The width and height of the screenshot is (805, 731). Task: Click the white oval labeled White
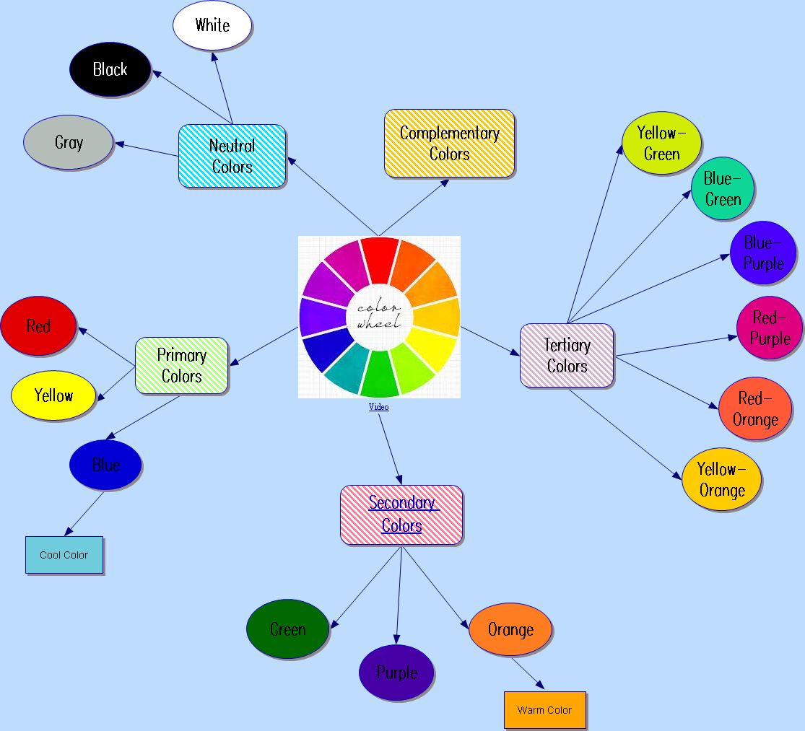tap(212, 26)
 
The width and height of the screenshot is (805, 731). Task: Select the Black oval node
tap(110, 70)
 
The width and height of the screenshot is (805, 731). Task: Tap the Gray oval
tap(69, 143)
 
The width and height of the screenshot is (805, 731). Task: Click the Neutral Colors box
tap(232, 157)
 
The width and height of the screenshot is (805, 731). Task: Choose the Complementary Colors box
tap(449, 144)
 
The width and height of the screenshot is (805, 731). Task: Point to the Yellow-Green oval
tap(661, 143)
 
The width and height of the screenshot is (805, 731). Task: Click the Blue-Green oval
tap(722, 188)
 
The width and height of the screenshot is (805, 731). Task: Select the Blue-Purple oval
tap(763, 253)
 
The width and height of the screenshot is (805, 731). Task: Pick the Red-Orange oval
tap(755, 409)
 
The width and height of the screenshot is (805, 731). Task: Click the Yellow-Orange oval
tap(721, 480)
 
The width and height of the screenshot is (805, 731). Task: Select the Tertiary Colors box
tap(567, 356)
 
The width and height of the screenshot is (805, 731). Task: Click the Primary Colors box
tap(182, 366)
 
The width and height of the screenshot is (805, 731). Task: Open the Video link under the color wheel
tap(379, 407)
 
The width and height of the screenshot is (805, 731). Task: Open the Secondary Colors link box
tap(401, 515)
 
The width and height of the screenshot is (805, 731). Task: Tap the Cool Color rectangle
tap(64, 555)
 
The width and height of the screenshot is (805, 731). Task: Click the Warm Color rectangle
tap(544, 710)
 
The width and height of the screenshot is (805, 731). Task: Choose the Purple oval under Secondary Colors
tap(396, 673)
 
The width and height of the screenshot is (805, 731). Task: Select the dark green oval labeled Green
tap(287, 629)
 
